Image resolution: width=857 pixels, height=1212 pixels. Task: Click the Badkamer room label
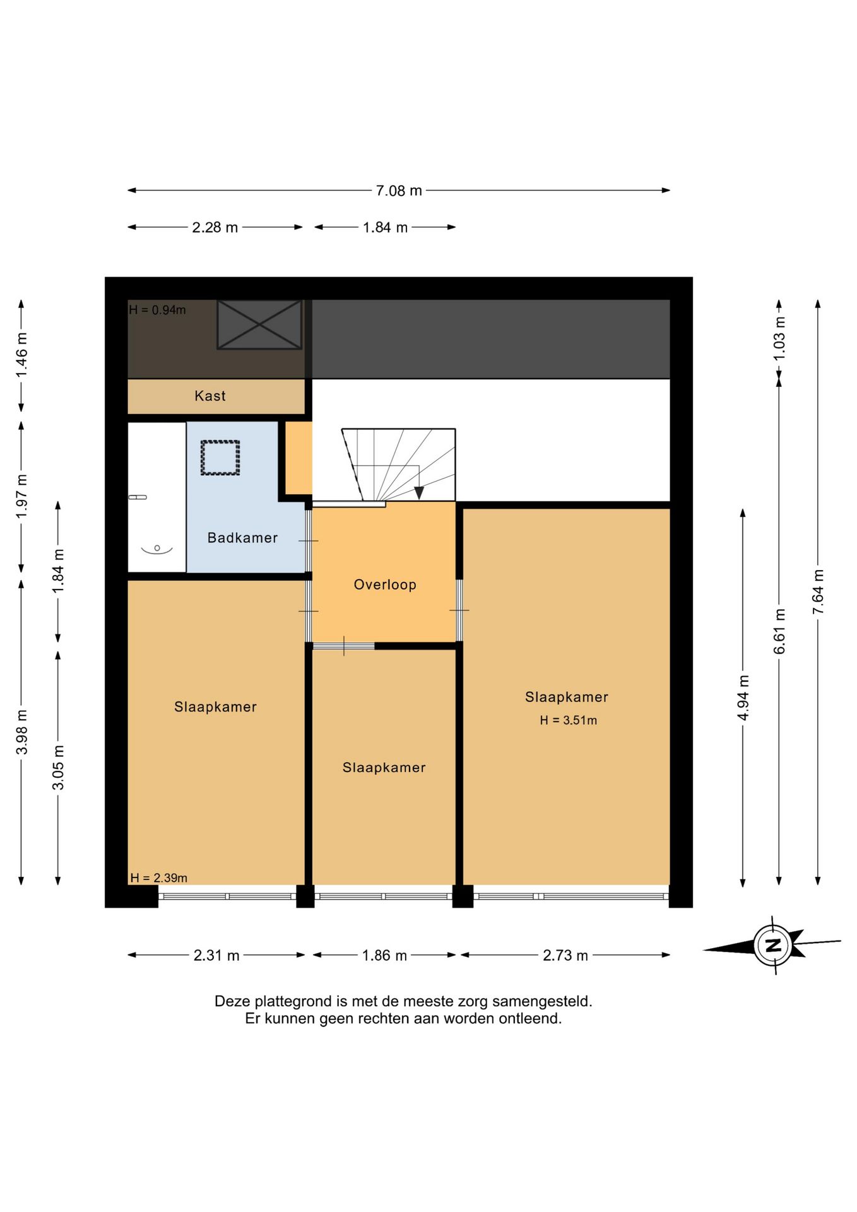click(242, 538)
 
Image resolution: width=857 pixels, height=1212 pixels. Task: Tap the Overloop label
click(385, 585)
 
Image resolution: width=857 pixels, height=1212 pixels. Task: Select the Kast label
click(210, 396)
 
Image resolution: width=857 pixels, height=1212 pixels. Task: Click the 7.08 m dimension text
click(399, 191)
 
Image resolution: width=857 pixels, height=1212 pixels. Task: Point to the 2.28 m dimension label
click(215, 227)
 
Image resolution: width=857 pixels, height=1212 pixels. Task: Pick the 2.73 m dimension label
click(565, 955)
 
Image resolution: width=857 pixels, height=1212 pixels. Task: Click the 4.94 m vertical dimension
click(743, 698)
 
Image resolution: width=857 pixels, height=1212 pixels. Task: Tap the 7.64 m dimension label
click(818, 591)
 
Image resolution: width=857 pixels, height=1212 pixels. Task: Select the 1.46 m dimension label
click(21, 355)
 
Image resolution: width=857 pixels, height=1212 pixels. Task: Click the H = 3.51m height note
click(569, 720)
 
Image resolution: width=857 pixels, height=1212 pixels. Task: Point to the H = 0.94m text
click(157, 310)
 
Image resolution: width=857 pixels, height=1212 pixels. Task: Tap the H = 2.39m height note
click(159, 877)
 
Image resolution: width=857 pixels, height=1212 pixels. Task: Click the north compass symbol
click(772, 945)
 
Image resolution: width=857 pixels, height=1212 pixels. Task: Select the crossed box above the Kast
click(259, 324)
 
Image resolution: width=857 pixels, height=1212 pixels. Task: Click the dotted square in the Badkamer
click(220, 458)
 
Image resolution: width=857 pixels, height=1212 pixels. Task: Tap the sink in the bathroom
click(157, 549)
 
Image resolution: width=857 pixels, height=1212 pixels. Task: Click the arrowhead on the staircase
click(419, 493)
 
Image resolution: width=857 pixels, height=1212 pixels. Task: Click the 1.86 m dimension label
click(384, 955)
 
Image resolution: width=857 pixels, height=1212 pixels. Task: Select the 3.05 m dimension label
click(58, 768)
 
